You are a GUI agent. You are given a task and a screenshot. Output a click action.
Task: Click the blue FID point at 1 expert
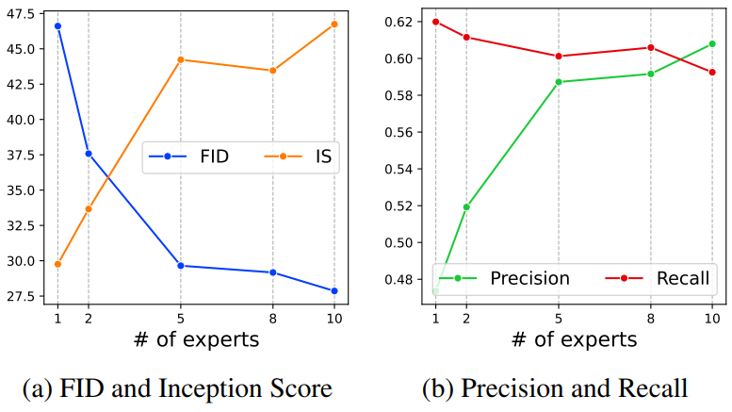pyautogui.click(x=57, y=26)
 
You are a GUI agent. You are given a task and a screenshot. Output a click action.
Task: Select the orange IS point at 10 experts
pyautogui.click(x=334, y=25)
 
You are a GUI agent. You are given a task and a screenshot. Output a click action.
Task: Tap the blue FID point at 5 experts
pyautogui.click(x=181, y=266)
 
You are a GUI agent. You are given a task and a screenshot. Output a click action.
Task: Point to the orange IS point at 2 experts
pyautogui.click(x=89, y=208)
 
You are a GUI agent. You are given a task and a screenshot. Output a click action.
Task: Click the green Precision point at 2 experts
pyautogui.click(x=466, y=206)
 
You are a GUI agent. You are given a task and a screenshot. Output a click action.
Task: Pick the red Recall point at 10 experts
pyautogui.click(x=712, y=73)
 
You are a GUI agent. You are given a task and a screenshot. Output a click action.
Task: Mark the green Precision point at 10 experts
pyautogui.click(x=712, y=44)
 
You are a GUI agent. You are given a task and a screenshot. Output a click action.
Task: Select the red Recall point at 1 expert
pyautogui.click(x=436, y=22)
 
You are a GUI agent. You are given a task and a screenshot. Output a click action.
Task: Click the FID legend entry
pyautogui.click(x=189, y=157)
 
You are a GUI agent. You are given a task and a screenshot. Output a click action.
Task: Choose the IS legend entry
pyautogui.click(x=299, y=157)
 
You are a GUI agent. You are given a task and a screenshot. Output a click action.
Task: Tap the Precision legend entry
pyautogui.click(x=504, y=278)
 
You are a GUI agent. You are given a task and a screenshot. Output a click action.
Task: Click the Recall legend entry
pyautogui.click(x=658, y=278)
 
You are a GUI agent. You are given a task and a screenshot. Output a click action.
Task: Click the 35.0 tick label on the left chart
pyautogui.click(x=21, y=190)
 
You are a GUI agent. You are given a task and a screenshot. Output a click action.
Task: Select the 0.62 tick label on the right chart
pyautogui.click(x=399, y=22)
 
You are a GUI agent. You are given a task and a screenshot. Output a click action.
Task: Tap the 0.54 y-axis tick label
pyautogui.click(x=399, y=169)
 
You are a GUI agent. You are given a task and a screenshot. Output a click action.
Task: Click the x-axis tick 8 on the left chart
pyautogui.click(x=273, y=319)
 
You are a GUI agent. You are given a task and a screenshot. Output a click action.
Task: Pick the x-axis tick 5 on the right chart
pyautogui.click(x=559, y=319)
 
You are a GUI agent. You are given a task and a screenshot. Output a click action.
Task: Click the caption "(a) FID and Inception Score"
pyautogui.click(x=177, y=388)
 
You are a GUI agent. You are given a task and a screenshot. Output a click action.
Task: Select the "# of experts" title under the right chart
pyautogui.click(x=575, y=339)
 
